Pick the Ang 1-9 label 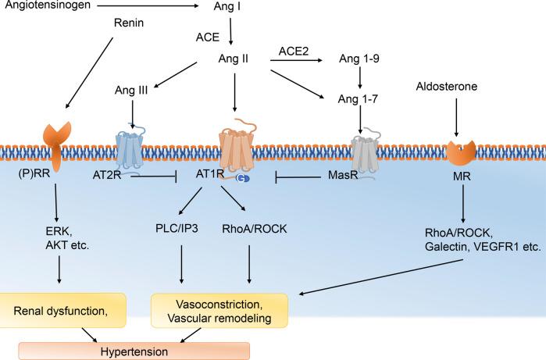click(x=359, y=59)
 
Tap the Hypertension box click(x=134, y=351)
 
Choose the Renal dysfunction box click(x=72, y=311)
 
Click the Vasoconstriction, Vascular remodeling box click(x=219, y=311)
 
